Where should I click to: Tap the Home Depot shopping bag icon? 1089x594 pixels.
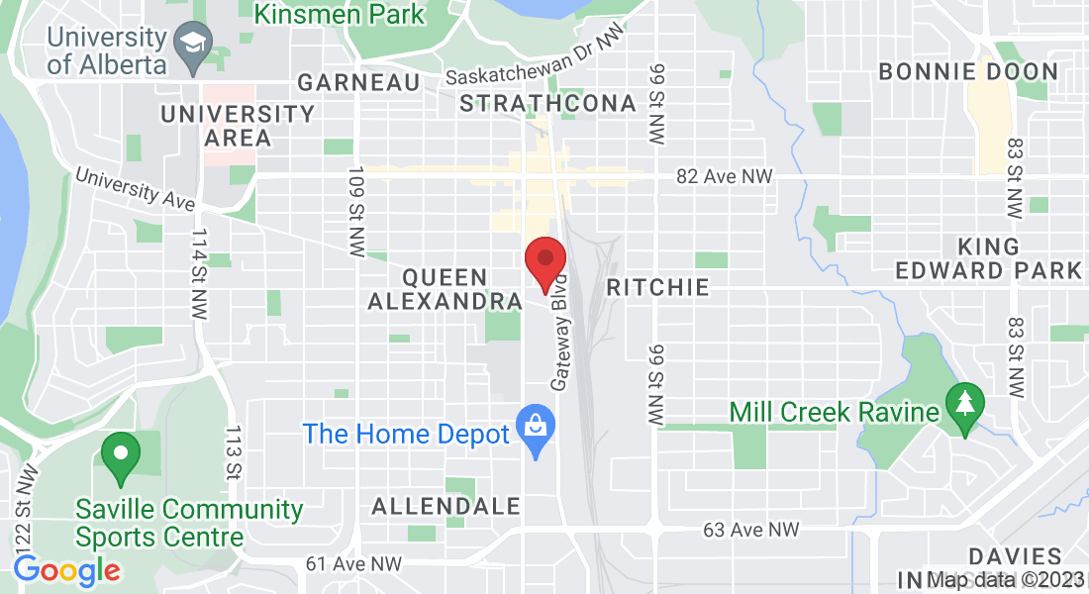tap(536, 429)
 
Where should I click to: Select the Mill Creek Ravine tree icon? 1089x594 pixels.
tap(961, 405)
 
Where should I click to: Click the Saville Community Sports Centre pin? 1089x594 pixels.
tap(121, 454)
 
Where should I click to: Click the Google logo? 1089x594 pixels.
tap(66, 570)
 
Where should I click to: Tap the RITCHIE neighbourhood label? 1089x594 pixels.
tap(657, 288)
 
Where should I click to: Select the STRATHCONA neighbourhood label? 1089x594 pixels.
tap(547, 103)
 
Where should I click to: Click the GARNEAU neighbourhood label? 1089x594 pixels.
tap(358, 82)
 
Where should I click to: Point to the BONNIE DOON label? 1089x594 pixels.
tap(968, 71)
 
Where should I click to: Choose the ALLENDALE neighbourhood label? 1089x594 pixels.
tap(445, 507)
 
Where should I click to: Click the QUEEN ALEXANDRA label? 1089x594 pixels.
tap(445, 289)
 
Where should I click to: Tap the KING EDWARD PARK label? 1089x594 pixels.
tap(989, 258)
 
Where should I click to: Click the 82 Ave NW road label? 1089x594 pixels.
tap(724, 176)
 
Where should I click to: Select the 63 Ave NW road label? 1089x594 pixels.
tap(750, 531)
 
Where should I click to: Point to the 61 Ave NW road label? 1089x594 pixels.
tap(353, 563)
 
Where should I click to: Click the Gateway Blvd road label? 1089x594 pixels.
tap(559, 332)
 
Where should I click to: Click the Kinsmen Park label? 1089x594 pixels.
tap(340, 14)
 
